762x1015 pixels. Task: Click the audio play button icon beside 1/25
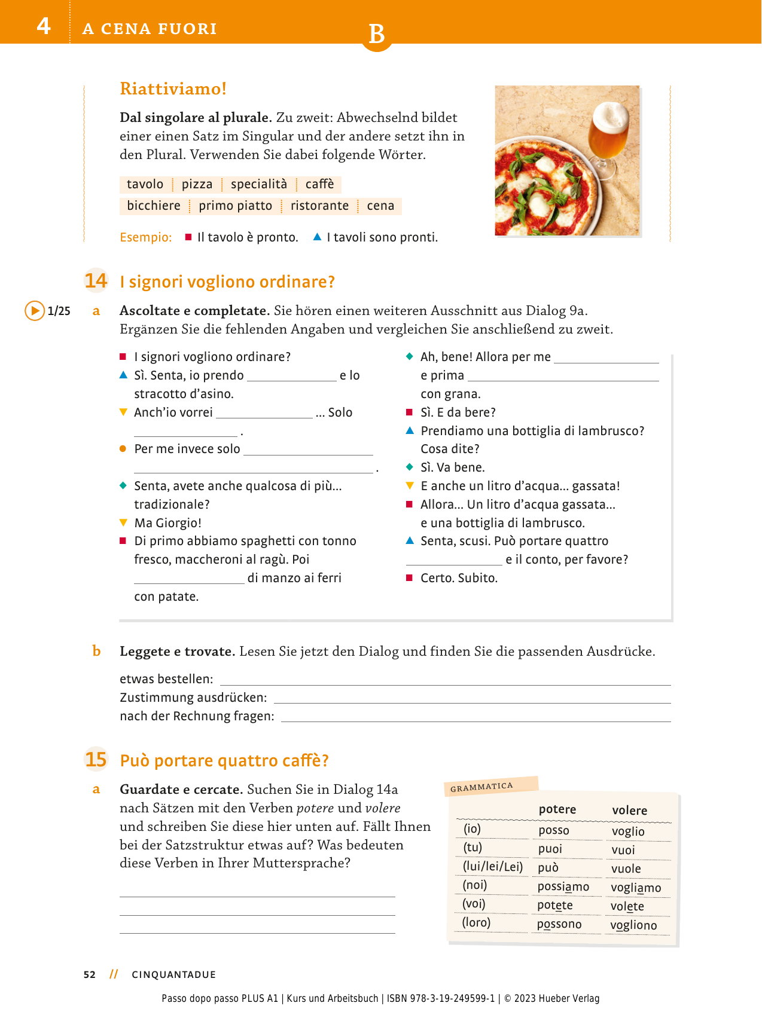click(35, 311)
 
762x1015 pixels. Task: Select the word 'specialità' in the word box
click(259, 184)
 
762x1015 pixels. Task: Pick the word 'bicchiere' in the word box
click(154, 206)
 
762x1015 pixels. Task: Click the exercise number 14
click(96, 281)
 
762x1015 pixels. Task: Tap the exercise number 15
click(96, 760)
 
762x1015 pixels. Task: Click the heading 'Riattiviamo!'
click(173, 88)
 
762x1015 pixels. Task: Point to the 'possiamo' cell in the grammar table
click(563, 886)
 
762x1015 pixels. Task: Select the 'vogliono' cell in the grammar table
click(633, 925)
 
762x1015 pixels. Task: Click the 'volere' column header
click(629, 811)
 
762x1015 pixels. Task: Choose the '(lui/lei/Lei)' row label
click(493, 867)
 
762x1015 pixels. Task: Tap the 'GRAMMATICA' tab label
click(481, 787)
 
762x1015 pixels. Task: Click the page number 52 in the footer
click(90, 974)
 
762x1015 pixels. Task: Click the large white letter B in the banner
click(376, 35)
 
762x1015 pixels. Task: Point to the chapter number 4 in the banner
click(44, 26)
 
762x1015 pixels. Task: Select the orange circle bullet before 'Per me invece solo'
click(123, 449)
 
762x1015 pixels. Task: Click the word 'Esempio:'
click(146, 237)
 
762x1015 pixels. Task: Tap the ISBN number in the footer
click(441, 998)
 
